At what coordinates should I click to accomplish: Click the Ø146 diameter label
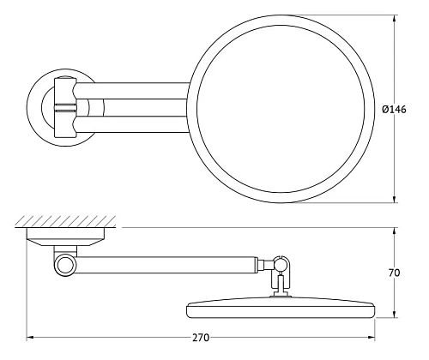[x=406, y=108]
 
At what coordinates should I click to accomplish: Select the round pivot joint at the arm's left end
[x=63, y=264]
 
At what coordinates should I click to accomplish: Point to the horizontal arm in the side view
[x=163, y=259]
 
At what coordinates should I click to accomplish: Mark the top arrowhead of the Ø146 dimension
[x=394, y=17]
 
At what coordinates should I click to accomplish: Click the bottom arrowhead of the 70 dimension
[x=394, y=315]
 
